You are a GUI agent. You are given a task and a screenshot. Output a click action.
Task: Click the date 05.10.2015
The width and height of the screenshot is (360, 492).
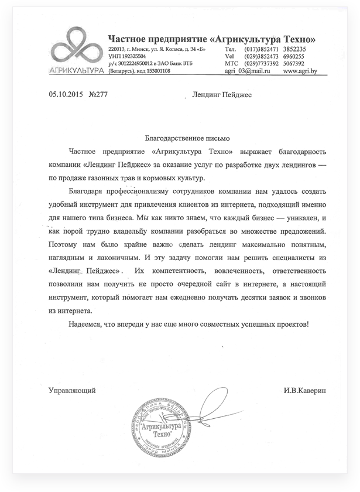[63, 94]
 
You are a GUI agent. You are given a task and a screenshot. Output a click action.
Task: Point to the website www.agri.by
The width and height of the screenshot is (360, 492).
[300, 70]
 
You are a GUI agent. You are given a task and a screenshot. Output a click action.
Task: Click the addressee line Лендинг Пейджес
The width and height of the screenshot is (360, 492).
[222, 94]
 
